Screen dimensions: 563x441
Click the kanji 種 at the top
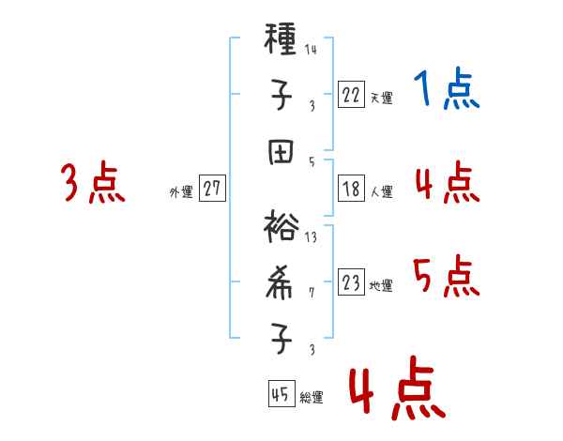point(281,41)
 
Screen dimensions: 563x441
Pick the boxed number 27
point(212,189)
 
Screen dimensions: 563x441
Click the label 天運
point(381,97)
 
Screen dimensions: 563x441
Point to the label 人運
point(381,191)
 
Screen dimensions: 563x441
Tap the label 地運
point(381,285)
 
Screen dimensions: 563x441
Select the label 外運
point(181,191)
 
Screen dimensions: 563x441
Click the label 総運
point(312,397)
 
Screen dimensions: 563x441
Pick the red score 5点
point(447,277)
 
